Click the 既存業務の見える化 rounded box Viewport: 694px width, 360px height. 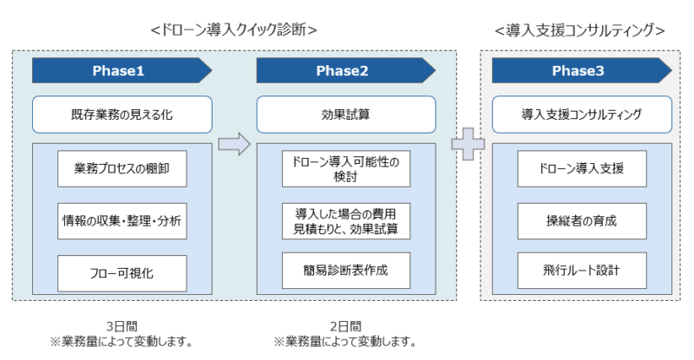pos(122,115)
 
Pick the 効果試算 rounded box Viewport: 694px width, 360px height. pos(346,115)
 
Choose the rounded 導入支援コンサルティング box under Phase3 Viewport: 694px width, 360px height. pos(582,115)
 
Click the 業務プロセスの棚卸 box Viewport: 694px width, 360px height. pos(122,168)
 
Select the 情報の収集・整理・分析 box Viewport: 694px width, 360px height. pos(122,221)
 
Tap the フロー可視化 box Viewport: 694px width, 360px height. pos(122,273)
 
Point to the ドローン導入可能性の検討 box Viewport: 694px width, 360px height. pos(346,168)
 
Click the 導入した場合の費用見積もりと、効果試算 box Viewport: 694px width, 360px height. pos(346,221)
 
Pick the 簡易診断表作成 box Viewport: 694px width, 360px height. pos(346,271)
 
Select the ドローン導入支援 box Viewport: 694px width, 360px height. pos(582,168)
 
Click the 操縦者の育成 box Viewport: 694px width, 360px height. pos(582,221)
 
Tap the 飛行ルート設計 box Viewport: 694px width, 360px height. pos(582,271)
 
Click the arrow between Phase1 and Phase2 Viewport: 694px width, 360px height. pos(234,144)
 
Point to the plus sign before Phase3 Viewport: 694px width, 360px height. pos(468,144)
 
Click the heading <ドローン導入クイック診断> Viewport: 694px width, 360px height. pos(233,30)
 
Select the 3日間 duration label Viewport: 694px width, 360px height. pos(121,327)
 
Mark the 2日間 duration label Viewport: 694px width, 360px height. pos(345,327)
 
